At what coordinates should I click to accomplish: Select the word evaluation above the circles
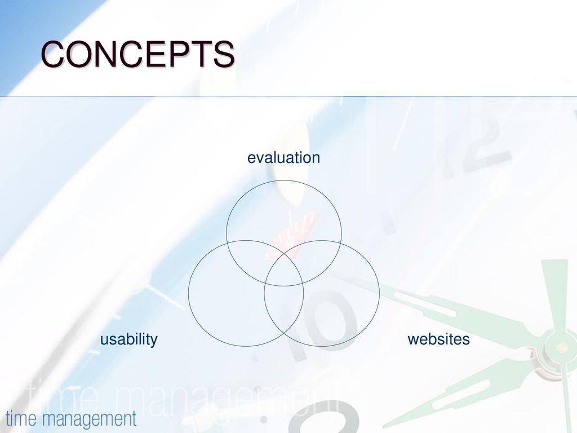(283, 158)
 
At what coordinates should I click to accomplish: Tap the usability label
(129, 339)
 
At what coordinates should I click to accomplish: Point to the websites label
(438, 339)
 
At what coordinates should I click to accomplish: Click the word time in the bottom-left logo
(21, 418)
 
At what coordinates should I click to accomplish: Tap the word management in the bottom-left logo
(88, 419)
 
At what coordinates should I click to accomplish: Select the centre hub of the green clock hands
(561, 347)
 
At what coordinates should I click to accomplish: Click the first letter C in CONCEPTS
(54, 54)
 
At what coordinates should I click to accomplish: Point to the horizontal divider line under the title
(288, 96)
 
